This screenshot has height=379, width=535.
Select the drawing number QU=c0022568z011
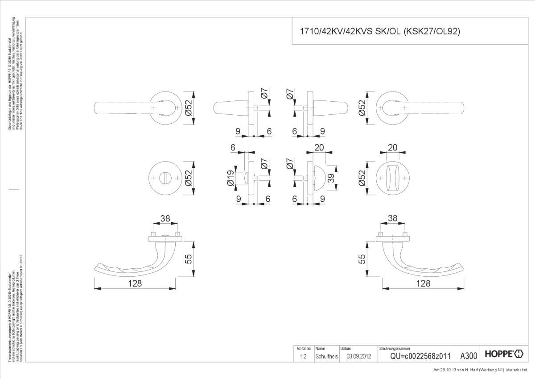click(420, 356)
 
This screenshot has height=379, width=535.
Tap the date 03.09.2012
click(359, 356)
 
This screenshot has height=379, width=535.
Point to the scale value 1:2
click(303, 356)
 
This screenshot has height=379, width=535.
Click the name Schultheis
click(327, 356)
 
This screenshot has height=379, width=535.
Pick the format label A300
click(469, 356)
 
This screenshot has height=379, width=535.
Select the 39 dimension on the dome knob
click(331, 178)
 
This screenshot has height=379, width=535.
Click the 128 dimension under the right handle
click(423, 283)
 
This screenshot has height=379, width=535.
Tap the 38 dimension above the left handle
click(165, 218)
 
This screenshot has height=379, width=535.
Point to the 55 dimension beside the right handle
click(362, 258)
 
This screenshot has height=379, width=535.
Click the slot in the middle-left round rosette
click(165, 178)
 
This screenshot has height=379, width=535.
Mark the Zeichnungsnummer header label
click(394, 348)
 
